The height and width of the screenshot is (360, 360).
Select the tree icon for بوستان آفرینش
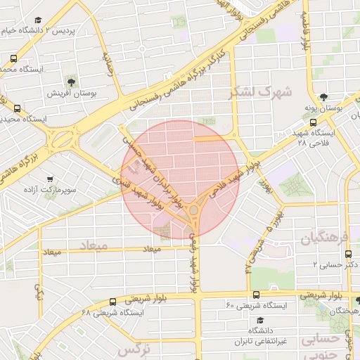tap(71, 82)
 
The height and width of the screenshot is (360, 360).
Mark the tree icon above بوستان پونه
tap(323, 98)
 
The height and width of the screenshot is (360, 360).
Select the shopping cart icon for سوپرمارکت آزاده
tap(49, 179)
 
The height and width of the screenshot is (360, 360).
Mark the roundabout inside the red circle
tap(194, 210)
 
